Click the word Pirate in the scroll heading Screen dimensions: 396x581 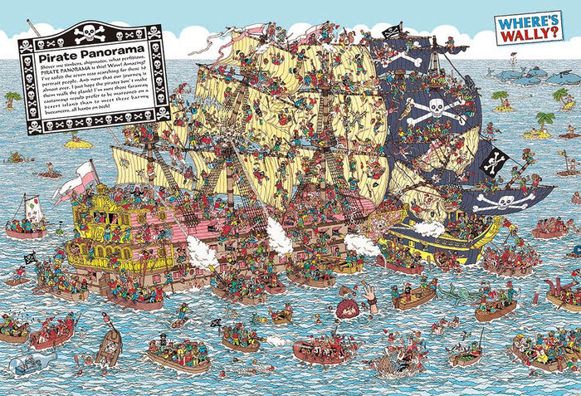coord(56,61)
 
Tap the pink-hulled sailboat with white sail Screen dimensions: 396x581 coord(27,218)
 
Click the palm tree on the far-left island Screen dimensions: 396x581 coord(12,99)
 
